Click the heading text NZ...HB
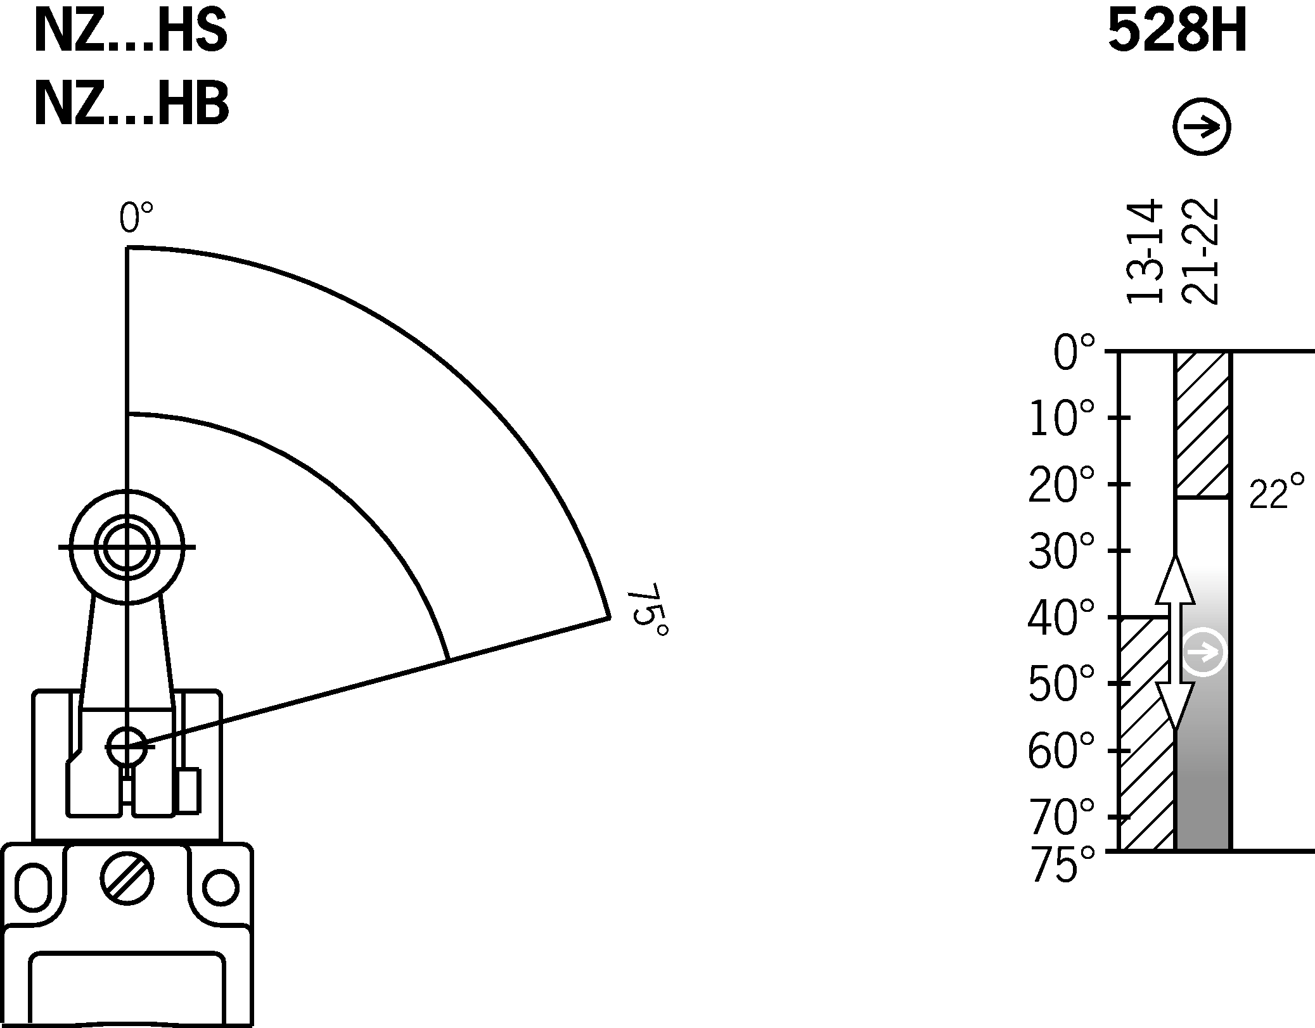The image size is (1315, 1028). coord(131,105)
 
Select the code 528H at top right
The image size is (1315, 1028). coord(1177,33)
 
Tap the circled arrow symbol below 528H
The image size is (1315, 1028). coord(1202,126)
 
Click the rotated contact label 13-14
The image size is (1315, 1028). coord(1146,251)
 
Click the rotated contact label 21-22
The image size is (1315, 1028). coord(1201,251)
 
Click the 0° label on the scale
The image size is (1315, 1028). coord(1074,353)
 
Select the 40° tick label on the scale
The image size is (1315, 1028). coord(1061,618)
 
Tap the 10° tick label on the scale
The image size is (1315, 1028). coord(1061,419)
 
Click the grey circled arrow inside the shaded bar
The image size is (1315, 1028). coord(1204,652)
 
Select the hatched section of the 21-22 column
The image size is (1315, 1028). coord(1202,424)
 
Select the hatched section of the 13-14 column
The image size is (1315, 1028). coord(1146,735)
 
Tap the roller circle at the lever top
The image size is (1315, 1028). coord(127,547)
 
